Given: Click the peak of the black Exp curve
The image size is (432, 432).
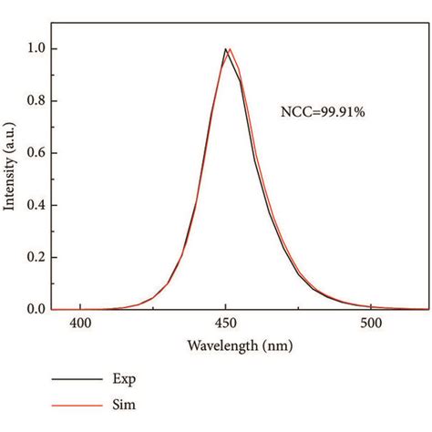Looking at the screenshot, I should [225, 49].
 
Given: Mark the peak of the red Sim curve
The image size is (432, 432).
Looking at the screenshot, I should [230, 49].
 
